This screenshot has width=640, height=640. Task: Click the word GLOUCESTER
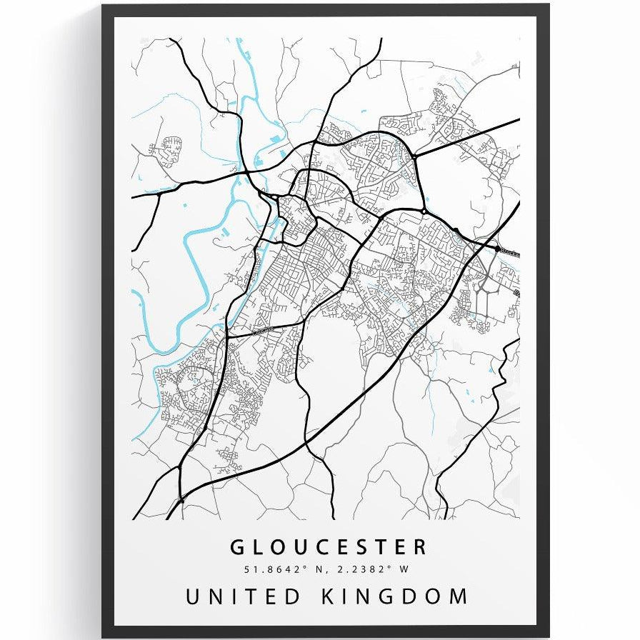point(329,548)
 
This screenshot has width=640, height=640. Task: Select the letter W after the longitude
point(404,569)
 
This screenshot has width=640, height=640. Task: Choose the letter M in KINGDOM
point(459,596)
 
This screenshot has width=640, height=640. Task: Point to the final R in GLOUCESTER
point(419,548)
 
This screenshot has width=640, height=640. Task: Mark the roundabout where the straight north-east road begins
point(414,155)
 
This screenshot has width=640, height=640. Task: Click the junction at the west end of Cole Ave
point(228,335)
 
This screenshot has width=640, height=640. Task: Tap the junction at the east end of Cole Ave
point(304,321)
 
